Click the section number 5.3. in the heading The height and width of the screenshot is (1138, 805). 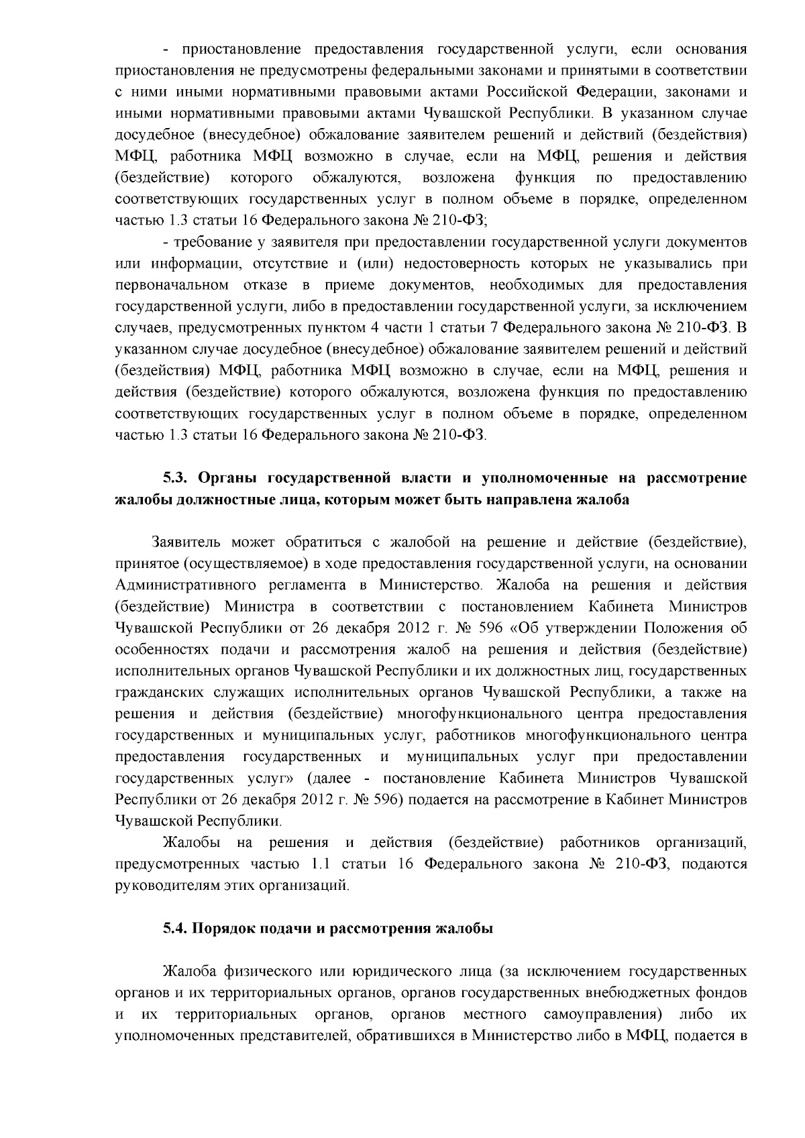coord(178,478)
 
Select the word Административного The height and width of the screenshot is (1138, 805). coord(178,585)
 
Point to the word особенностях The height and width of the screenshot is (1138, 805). coord(163,650)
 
